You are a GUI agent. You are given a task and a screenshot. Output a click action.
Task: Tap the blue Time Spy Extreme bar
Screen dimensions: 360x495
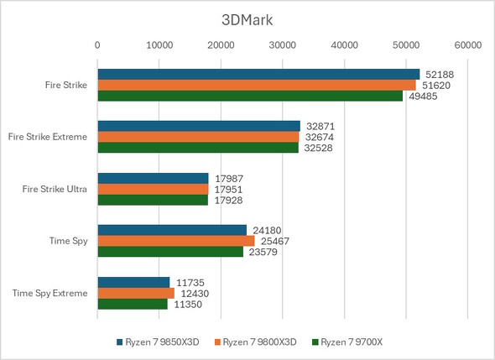click(x=133, y=283)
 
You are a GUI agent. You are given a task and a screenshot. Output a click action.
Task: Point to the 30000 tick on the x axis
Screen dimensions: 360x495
click(x=282, y=45)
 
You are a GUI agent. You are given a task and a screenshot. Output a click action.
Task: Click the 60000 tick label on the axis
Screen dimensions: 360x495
click(x=467, y=45)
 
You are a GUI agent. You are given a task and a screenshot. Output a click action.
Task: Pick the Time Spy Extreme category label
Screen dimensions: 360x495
click(x=50, y=293)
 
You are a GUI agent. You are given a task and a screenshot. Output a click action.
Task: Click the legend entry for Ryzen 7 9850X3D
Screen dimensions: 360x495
click(x=159, y=342)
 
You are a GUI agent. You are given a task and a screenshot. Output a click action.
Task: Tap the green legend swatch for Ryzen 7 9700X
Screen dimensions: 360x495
click(x=315, y=342)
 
